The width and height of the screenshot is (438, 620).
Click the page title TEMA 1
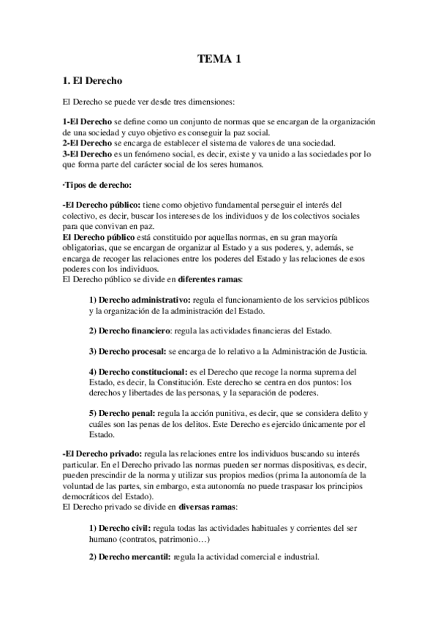[219, 61]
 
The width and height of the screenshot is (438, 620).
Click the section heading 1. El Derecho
[92, 80]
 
